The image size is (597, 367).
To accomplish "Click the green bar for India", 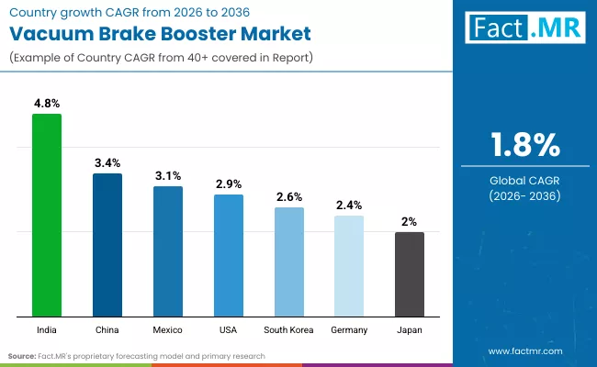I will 47,216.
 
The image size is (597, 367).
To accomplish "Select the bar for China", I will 107,245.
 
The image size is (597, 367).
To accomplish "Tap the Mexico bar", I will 168,251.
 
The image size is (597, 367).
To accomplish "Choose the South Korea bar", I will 288,261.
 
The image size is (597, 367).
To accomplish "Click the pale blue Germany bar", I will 349,266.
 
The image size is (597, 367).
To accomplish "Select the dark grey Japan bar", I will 410,274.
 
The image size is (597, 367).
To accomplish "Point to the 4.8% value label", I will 47,104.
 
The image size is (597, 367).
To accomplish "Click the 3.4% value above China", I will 107,163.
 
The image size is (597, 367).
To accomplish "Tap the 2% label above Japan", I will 410,222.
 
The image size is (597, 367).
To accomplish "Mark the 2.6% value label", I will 288,197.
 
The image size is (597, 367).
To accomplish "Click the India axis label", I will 47,329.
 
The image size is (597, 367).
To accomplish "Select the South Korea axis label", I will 288,329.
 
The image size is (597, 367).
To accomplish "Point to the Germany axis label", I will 349,329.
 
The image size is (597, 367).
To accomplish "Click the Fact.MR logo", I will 523,28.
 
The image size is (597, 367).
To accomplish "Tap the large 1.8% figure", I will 524,146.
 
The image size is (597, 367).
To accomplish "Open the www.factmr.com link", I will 524,351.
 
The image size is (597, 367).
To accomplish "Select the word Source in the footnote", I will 22,355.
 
